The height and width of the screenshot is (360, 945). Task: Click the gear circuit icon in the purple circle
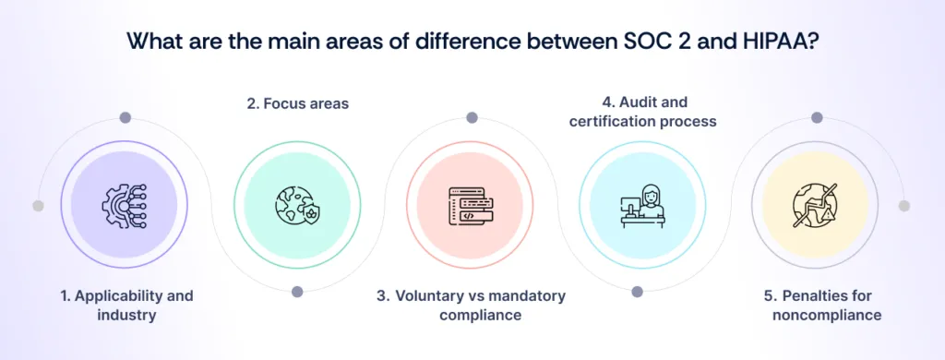tap(124, 205)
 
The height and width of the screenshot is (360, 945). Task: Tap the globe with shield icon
tap(297, 205)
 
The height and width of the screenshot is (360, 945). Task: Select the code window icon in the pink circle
tap(471, 205)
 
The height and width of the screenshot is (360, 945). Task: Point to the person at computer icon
tap(643, 205)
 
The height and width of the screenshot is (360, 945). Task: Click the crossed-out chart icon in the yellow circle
tap(817, 205)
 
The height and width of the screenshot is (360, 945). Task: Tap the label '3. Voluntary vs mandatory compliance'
tap(471, 306)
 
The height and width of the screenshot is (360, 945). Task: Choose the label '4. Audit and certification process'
tap(643, 112)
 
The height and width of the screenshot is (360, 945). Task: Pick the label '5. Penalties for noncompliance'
tap(818, 306)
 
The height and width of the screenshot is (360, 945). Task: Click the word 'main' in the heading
tap(260, 42)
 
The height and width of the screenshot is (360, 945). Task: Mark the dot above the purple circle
tap(124, 118)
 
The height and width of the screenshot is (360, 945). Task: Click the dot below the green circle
tap(297, 292)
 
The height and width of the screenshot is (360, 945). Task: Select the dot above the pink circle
tap(471, 118)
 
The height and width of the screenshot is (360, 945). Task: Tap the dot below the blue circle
tap(637, 292)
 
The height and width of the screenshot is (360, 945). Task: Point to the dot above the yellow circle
tap(817, 118)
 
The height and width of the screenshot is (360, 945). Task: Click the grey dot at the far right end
tap(903, 206)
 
